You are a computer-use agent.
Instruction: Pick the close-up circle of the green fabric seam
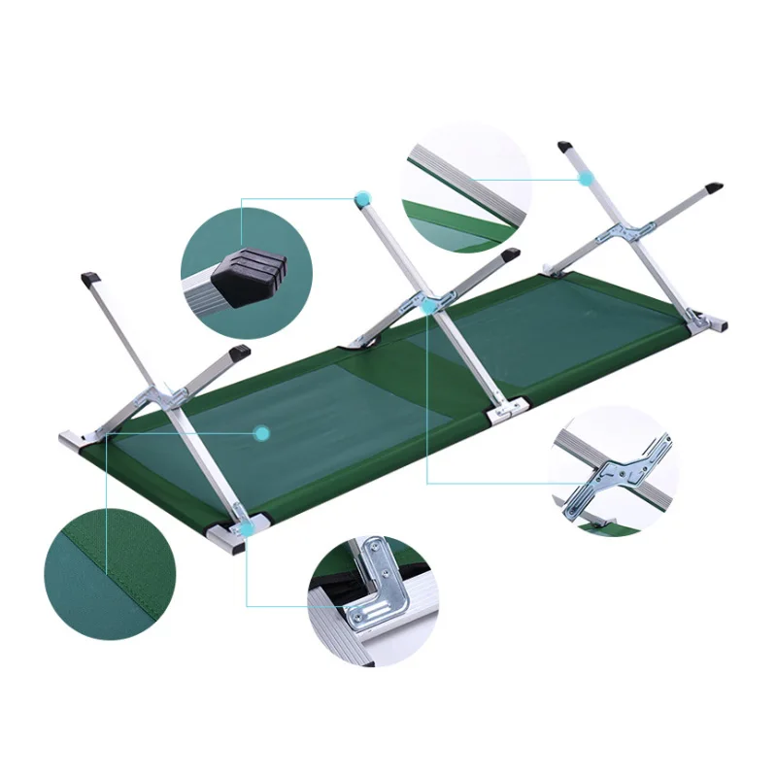(x=109, y=574)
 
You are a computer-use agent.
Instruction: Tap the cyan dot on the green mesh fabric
(x=261, y=433)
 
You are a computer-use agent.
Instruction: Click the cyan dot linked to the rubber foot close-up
(x=362, y=200)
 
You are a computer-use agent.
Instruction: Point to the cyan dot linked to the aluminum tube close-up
(x=586, y=178)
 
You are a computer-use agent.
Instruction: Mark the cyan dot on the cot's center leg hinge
(x=428, y=305)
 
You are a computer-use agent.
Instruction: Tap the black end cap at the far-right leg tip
(x=714, y=184)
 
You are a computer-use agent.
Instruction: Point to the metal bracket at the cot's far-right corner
(x=716, y=320)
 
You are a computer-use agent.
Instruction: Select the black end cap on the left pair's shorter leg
(x=239, y=352)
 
